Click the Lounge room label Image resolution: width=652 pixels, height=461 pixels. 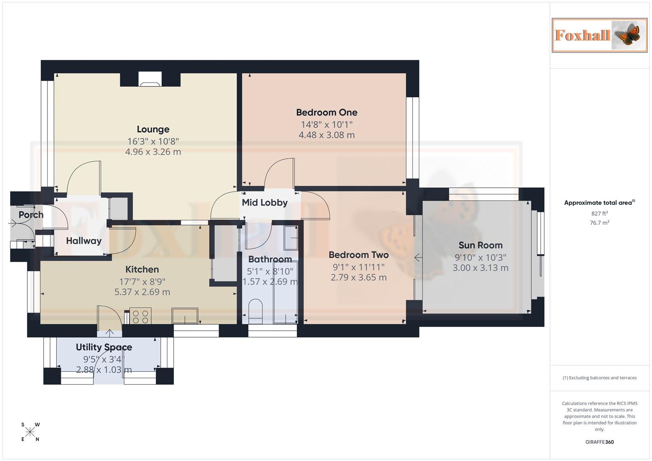click(x=153, y=129)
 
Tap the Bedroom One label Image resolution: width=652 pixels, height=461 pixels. click(x=327, y=113)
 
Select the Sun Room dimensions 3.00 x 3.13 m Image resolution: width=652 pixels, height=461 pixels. click(x=480, y=268)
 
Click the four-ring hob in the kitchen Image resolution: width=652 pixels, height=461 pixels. click(x=140, y=316)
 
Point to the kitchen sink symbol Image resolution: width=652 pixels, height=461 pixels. click(x=185, y=316)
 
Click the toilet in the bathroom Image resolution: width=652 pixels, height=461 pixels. click(x=255, y=311)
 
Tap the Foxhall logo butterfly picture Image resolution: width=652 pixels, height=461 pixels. click(x=628, y=35)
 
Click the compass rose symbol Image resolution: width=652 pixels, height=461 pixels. click(x=30, y=432)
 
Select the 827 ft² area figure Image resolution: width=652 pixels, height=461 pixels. click(x=599, y=213)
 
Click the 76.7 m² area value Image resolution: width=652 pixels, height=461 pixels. click(x=599, y=223)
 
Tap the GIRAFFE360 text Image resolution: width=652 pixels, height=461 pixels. click(x=599, y=442)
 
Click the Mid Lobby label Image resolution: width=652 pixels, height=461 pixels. click(x=265, y=203)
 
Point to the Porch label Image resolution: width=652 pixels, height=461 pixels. click(x=31, y=215)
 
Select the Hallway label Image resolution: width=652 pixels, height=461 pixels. click(x=84, y=241)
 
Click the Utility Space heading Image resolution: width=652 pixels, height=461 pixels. click(x=104, y=347)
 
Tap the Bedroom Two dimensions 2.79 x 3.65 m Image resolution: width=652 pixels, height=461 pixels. click(x=359, y=277)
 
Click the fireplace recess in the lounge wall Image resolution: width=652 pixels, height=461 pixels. click(x=150, y=79)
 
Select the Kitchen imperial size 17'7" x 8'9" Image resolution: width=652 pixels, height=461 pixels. click(x=142, y=282)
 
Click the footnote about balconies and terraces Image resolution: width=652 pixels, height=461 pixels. click(x=599, y=378)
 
